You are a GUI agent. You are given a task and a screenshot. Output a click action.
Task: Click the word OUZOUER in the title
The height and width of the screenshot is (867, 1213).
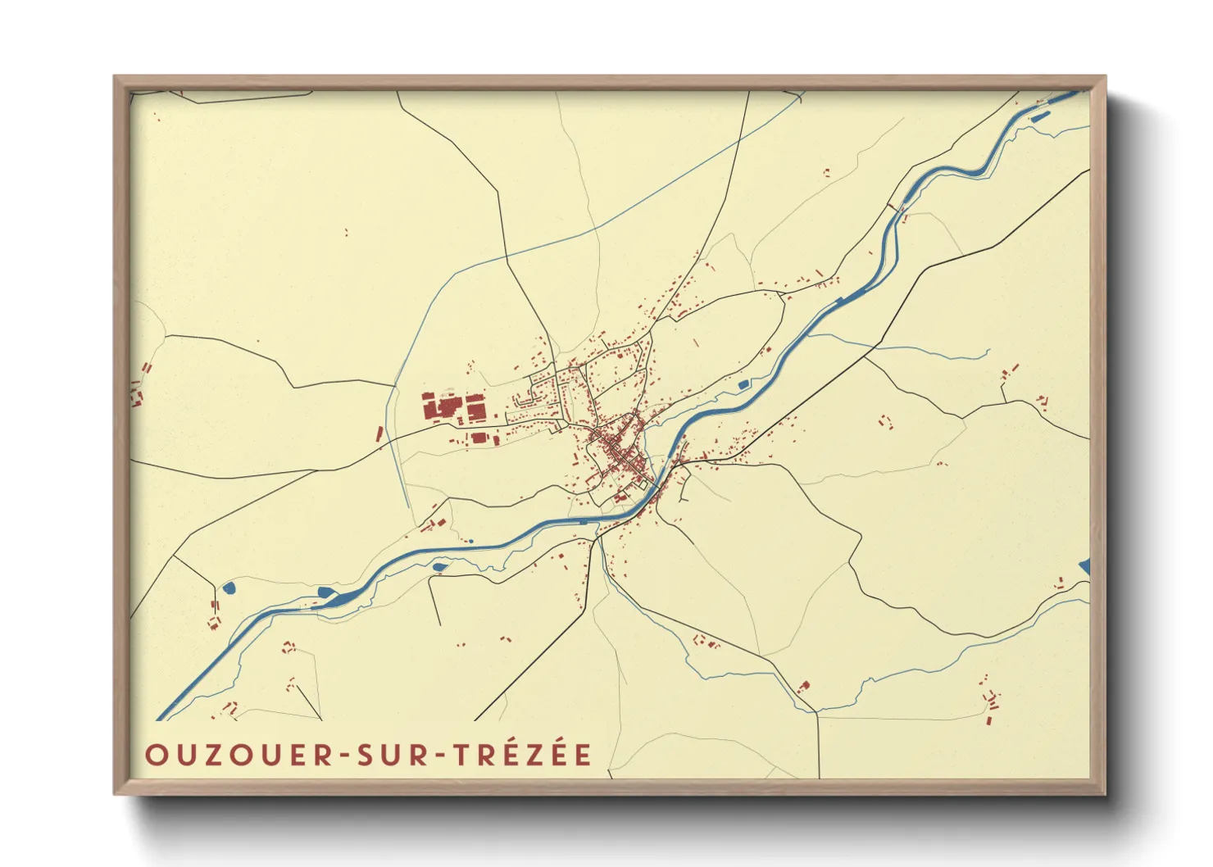coord(238,755)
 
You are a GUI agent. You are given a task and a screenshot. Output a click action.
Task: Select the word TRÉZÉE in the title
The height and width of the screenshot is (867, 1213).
coord(523,754)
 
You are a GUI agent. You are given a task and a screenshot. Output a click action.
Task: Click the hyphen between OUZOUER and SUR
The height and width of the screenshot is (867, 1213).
coord(345,756)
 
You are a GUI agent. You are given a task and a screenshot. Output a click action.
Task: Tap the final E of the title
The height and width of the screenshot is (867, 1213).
coord(583,755)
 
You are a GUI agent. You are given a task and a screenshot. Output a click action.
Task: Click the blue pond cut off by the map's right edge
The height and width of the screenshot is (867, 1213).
coord(1085,565)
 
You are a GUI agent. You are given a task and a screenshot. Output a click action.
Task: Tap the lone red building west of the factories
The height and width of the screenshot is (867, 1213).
coord(379,433)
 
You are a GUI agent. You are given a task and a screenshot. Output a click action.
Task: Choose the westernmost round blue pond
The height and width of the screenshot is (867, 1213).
coord(229,588)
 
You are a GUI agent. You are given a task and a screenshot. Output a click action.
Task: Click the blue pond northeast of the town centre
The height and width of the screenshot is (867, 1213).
coord(743,384)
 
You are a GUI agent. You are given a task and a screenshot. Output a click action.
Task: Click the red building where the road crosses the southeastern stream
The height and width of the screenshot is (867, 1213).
coord(804,686)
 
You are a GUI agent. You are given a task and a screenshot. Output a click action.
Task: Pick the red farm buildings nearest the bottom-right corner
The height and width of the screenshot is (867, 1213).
coord(991,702)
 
